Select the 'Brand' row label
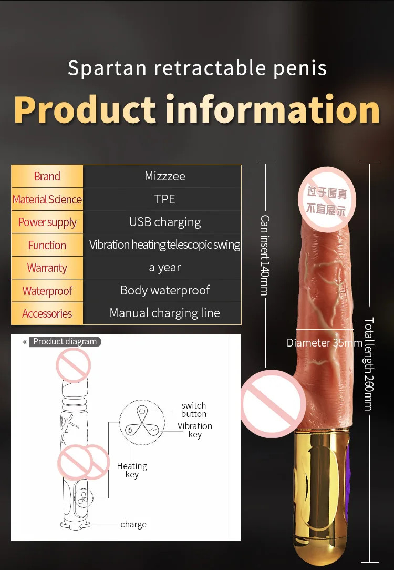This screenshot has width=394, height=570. point(47,177)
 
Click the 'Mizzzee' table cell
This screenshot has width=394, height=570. point(165,176)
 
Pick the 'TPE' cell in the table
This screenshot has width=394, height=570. point(165,199)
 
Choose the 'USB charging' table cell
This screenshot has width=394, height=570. point(165,222)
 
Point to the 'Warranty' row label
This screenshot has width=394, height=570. point(47,268)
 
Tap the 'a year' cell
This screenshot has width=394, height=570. point(165,268)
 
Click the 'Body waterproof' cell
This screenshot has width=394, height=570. point(165,290)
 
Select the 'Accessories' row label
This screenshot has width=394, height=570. point(47,314)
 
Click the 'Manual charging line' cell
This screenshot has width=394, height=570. point(165,313)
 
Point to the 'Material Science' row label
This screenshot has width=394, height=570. point(47,200)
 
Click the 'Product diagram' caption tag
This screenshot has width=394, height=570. point(65,342)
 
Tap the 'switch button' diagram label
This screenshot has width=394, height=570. point(194,410)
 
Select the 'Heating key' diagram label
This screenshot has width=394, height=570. point(132,470)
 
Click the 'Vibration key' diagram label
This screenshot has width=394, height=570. point(195,430)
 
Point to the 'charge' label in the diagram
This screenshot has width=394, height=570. point(133,525)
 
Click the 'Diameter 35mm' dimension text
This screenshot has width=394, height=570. point(324,343)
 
